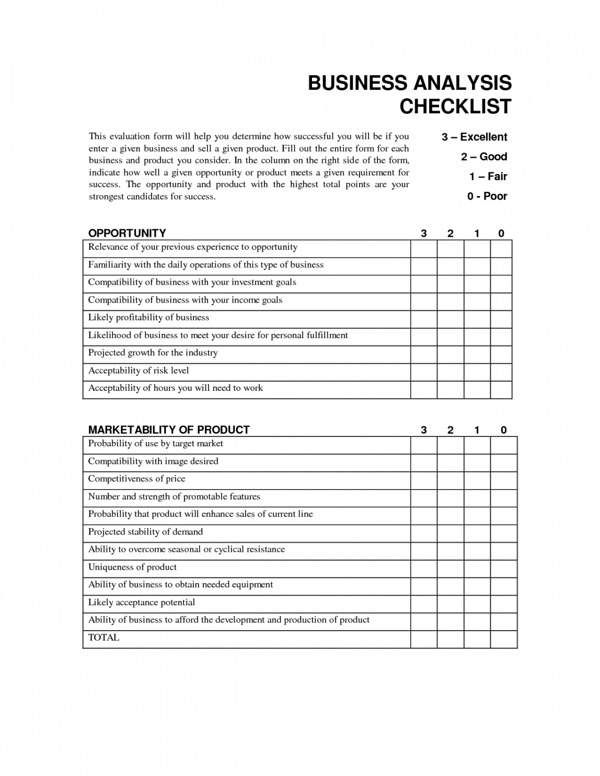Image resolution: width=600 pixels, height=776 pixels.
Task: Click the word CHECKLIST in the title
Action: click(x=455, y=107)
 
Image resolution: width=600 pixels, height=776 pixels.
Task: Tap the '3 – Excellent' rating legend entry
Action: click(x=474, y=137)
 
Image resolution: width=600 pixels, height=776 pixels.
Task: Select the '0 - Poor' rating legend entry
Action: click(x=487, y=196)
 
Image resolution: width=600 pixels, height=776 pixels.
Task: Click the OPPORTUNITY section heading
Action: click(x=127, y=233)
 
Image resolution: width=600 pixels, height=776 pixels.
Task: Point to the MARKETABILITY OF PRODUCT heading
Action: click(x=169, y=430)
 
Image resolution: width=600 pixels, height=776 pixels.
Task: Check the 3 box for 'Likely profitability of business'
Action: click(x=424, y=319)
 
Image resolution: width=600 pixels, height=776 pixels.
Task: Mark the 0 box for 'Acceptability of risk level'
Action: click(x=501, y=372)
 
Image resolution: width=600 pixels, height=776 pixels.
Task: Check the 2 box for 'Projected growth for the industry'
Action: click(x=451, y=354)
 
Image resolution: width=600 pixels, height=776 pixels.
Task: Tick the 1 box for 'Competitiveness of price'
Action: click(x=477, y=480)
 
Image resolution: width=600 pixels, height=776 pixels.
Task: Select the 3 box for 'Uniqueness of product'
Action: click(x=424, y=569)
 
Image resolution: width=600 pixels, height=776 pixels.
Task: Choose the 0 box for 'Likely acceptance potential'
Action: click(x=504, y=604)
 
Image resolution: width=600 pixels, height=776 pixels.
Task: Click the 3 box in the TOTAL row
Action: click(x=424, y=639)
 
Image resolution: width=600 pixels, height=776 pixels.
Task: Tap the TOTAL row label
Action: click(x=104, y=638)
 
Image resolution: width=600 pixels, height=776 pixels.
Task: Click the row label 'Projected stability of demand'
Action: click(x=145, y=532)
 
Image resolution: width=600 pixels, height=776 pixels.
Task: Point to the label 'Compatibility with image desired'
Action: click(x=153, y=461)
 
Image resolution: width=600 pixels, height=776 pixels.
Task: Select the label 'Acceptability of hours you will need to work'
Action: click(x=176, y=388)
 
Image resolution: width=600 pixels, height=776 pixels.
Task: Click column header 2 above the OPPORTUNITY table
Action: click(x=451, y=234)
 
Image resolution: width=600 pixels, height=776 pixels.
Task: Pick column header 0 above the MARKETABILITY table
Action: click(x=504, y=430)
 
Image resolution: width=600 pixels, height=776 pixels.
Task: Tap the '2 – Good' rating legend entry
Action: click(x=484, y=157)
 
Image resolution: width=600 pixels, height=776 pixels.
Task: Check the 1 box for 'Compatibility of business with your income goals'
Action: click(x=477, y=302)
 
